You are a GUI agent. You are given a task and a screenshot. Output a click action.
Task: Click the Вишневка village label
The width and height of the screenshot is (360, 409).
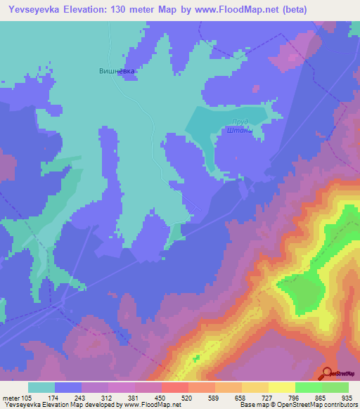click(x=116, y=71)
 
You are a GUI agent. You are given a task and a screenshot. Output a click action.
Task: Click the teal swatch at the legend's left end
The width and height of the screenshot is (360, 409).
click(x=41, y=387)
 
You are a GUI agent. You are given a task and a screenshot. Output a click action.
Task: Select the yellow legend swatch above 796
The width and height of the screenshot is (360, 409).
click(x=281, y=387)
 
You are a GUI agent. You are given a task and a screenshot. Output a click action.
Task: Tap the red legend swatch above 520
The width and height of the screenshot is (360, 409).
click(x=174, y=387)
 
